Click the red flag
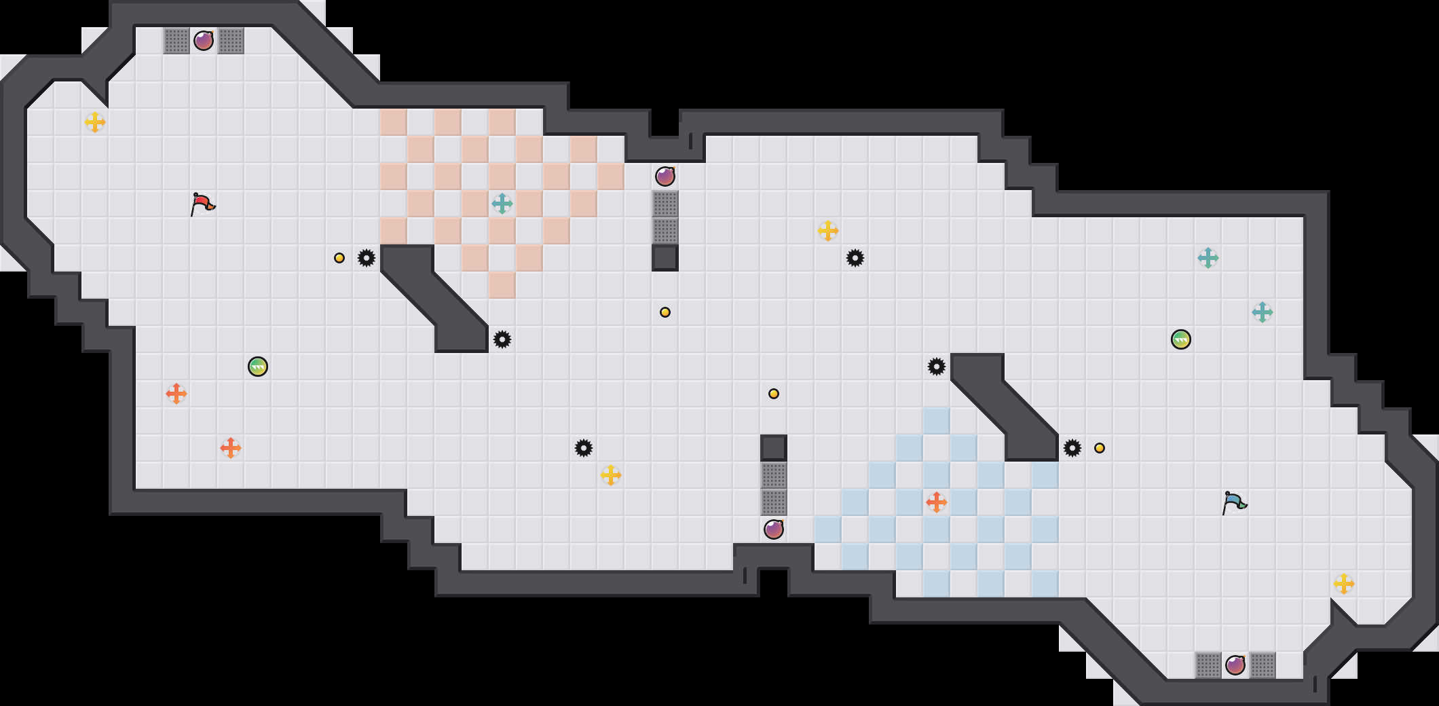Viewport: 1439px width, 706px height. click(202, 203)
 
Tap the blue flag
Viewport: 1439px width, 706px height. click(1234, 502)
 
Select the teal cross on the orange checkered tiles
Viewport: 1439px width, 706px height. click(502, 204)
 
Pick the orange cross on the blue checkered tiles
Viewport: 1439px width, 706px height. click(937, 502)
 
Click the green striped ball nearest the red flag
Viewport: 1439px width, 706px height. click(258, 367)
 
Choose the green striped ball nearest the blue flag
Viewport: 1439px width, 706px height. click(1181, 339)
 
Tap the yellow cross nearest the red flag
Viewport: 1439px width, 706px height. click(95, 122)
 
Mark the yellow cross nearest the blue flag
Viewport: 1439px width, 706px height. click(1344, 584)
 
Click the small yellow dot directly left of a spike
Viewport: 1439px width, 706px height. click(339, 258)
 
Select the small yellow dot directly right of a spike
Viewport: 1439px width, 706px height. click(1100, 448)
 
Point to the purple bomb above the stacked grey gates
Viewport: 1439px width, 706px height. click(665, 176)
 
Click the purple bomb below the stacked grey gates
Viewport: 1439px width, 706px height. click(774, 529)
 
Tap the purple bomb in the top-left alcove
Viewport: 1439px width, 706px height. click(204, 41)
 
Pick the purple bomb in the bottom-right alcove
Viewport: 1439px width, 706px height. click(1235, 665)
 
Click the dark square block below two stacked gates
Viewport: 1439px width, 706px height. click(665, 258)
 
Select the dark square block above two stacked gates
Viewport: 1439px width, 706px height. click(774, 448)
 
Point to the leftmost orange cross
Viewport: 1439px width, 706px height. click(176, 394)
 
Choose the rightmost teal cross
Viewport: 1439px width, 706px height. click(1263, 312)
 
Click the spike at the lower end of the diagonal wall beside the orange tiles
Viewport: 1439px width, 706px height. click(502, 339)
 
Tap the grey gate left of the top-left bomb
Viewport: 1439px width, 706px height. click(176, 41)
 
